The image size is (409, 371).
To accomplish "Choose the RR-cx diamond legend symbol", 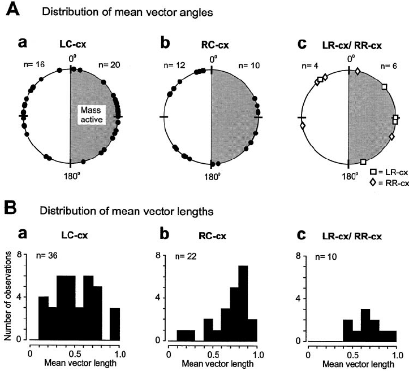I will [x=373, y=182].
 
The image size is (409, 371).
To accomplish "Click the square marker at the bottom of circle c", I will [x=363, y=162].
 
